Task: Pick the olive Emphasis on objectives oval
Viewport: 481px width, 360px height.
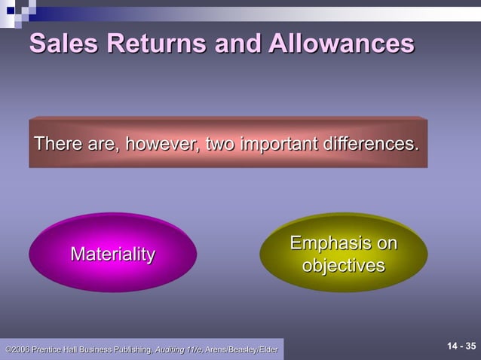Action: (x=344, y=255)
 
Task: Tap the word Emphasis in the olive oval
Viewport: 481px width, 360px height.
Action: (x=344, y=244)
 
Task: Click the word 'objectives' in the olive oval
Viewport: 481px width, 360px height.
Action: (x=344, y=266)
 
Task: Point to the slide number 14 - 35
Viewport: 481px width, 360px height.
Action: (x=461, y=346)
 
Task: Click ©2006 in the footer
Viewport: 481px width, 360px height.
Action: (x=17, y=349)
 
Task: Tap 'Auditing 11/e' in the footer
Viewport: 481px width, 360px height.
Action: (x=179, y=349)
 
